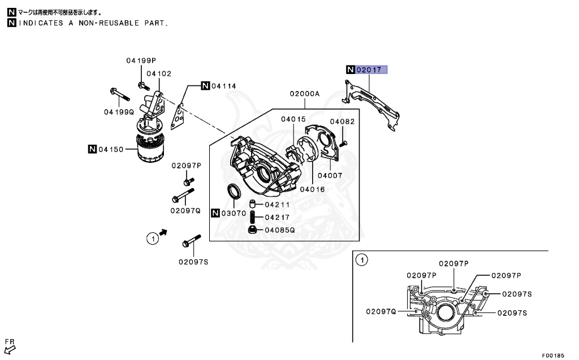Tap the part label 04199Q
(x=119, y=112)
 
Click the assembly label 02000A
(x=305, y=94)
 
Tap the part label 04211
(x=277, y=204)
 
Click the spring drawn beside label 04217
(x=253, y=217)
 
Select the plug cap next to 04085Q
(x=253, y=229)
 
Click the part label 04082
(x=342, y=122)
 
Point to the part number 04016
(x=312, y=189)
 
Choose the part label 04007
(x=330, y=175)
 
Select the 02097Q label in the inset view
(x=382, y=311)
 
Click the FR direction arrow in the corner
(x=10, y=348)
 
